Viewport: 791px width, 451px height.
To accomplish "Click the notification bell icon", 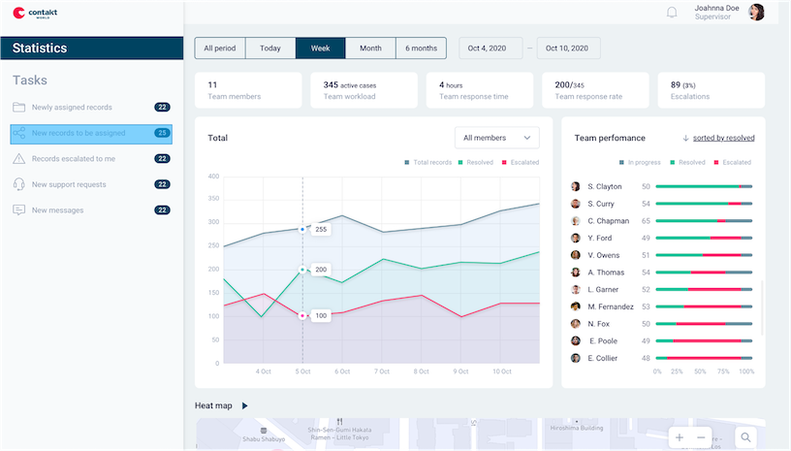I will [x=672, y=13].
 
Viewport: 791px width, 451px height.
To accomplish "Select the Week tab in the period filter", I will [x=320, y=48].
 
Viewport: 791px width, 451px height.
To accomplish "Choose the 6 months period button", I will [x=421, y=48].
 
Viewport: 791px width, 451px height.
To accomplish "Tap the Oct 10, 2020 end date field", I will [x=568, y=48].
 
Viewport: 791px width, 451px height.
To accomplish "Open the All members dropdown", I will [x=497, y=138].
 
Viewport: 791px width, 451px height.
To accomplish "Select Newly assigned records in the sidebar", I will [x=72, y=108].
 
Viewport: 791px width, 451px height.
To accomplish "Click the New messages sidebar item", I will [x=57, y=210].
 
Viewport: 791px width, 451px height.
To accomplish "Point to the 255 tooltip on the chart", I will [x=321, y=230].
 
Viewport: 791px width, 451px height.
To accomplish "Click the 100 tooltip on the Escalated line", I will [x=321, y=315].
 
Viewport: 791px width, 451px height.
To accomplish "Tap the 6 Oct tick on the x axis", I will [x=342, y=371].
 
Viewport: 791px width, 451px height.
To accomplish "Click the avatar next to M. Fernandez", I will [x=575, y=306].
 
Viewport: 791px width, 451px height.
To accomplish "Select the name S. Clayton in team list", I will [x=605, y=186].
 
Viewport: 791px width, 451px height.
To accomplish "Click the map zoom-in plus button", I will [x=680, y=437].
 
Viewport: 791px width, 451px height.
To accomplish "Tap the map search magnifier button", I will [x=745, y=437].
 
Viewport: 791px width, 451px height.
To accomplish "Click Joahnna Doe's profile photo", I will [x=756, y=12].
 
